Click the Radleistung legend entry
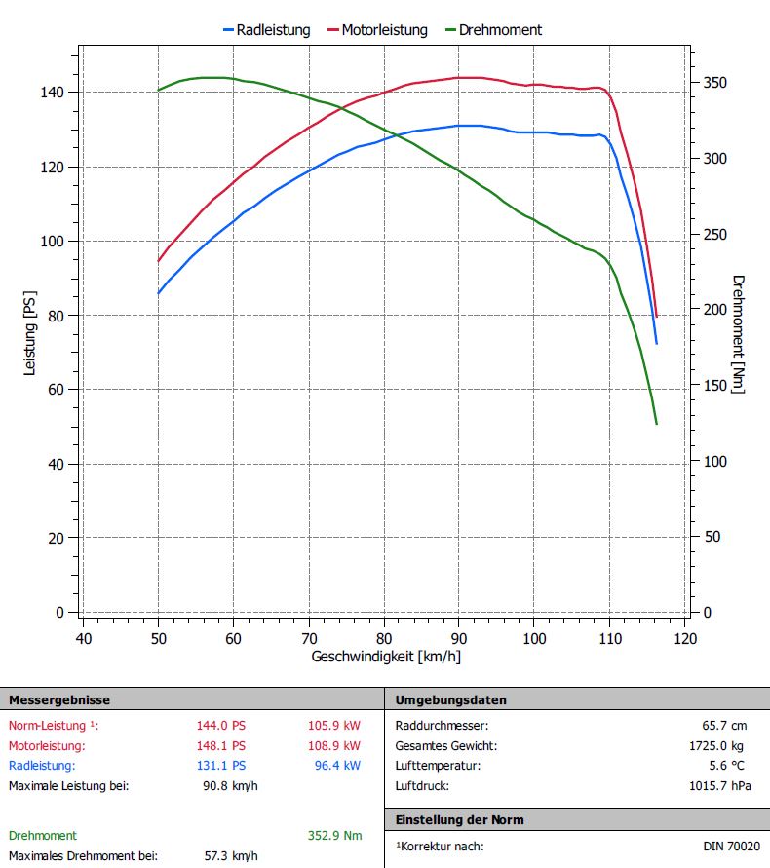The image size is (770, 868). (274, 30)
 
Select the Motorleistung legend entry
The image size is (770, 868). (383, 30)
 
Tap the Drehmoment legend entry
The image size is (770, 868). (498, 30)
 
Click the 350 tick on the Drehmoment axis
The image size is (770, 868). (714, 83)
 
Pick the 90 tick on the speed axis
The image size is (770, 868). (459, 638)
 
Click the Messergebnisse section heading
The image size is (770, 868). (59, 699)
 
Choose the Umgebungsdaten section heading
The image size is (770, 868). (451, 699)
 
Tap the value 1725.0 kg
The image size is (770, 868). (718, 745)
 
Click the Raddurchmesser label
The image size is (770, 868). (442, 725)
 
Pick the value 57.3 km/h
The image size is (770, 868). (231, 855)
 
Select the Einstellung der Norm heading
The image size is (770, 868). (459, 819)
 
